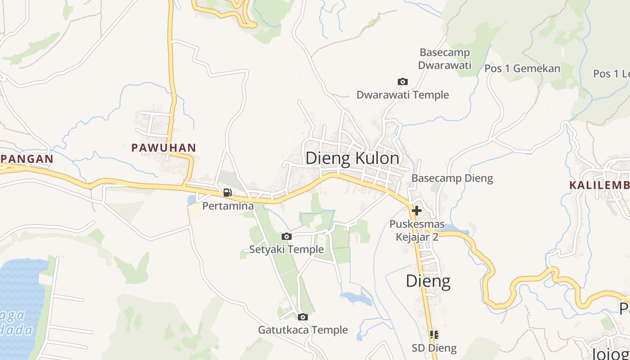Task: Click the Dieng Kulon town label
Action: pos(352,158)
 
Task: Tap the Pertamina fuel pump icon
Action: pos(228,193)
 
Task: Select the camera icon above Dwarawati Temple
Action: pos(403,81)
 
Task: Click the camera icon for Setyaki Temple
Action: pos(286,236)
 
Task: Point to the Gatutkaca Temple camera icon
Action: pos(303,317)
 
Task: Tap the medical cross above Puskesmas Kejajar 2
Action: pos(417,210)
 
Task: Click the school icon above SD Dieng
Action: pos(434,334)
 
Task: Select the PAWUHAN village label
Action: pos(164,148)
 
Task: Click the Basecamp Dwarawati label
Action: pos(445,59)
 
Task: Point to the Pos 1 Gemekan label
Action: pos(522,68)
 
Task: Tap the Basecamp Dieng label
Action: pos(452,178)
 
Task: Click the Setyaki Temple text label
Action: pos(287,249)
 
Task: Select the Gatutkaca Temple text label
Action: pos(303,330)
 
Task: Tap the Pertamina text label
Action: pos(228,206)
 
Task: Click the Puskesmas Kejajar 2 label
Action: pos(417,230)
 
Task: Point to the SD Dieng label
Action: pos(434,348)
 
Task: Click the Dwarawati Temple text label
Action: pos(403,95)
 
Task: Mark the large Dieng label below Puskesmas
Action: pos(428,281)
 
